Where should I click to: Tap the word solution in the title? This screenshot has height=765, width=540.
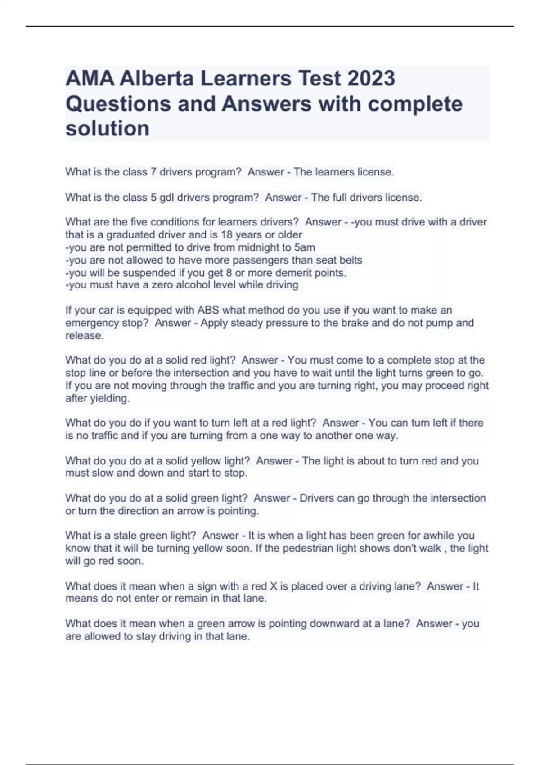pos(108,129)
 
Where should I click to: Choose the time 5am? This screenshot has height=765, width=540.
pos(304,247)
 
